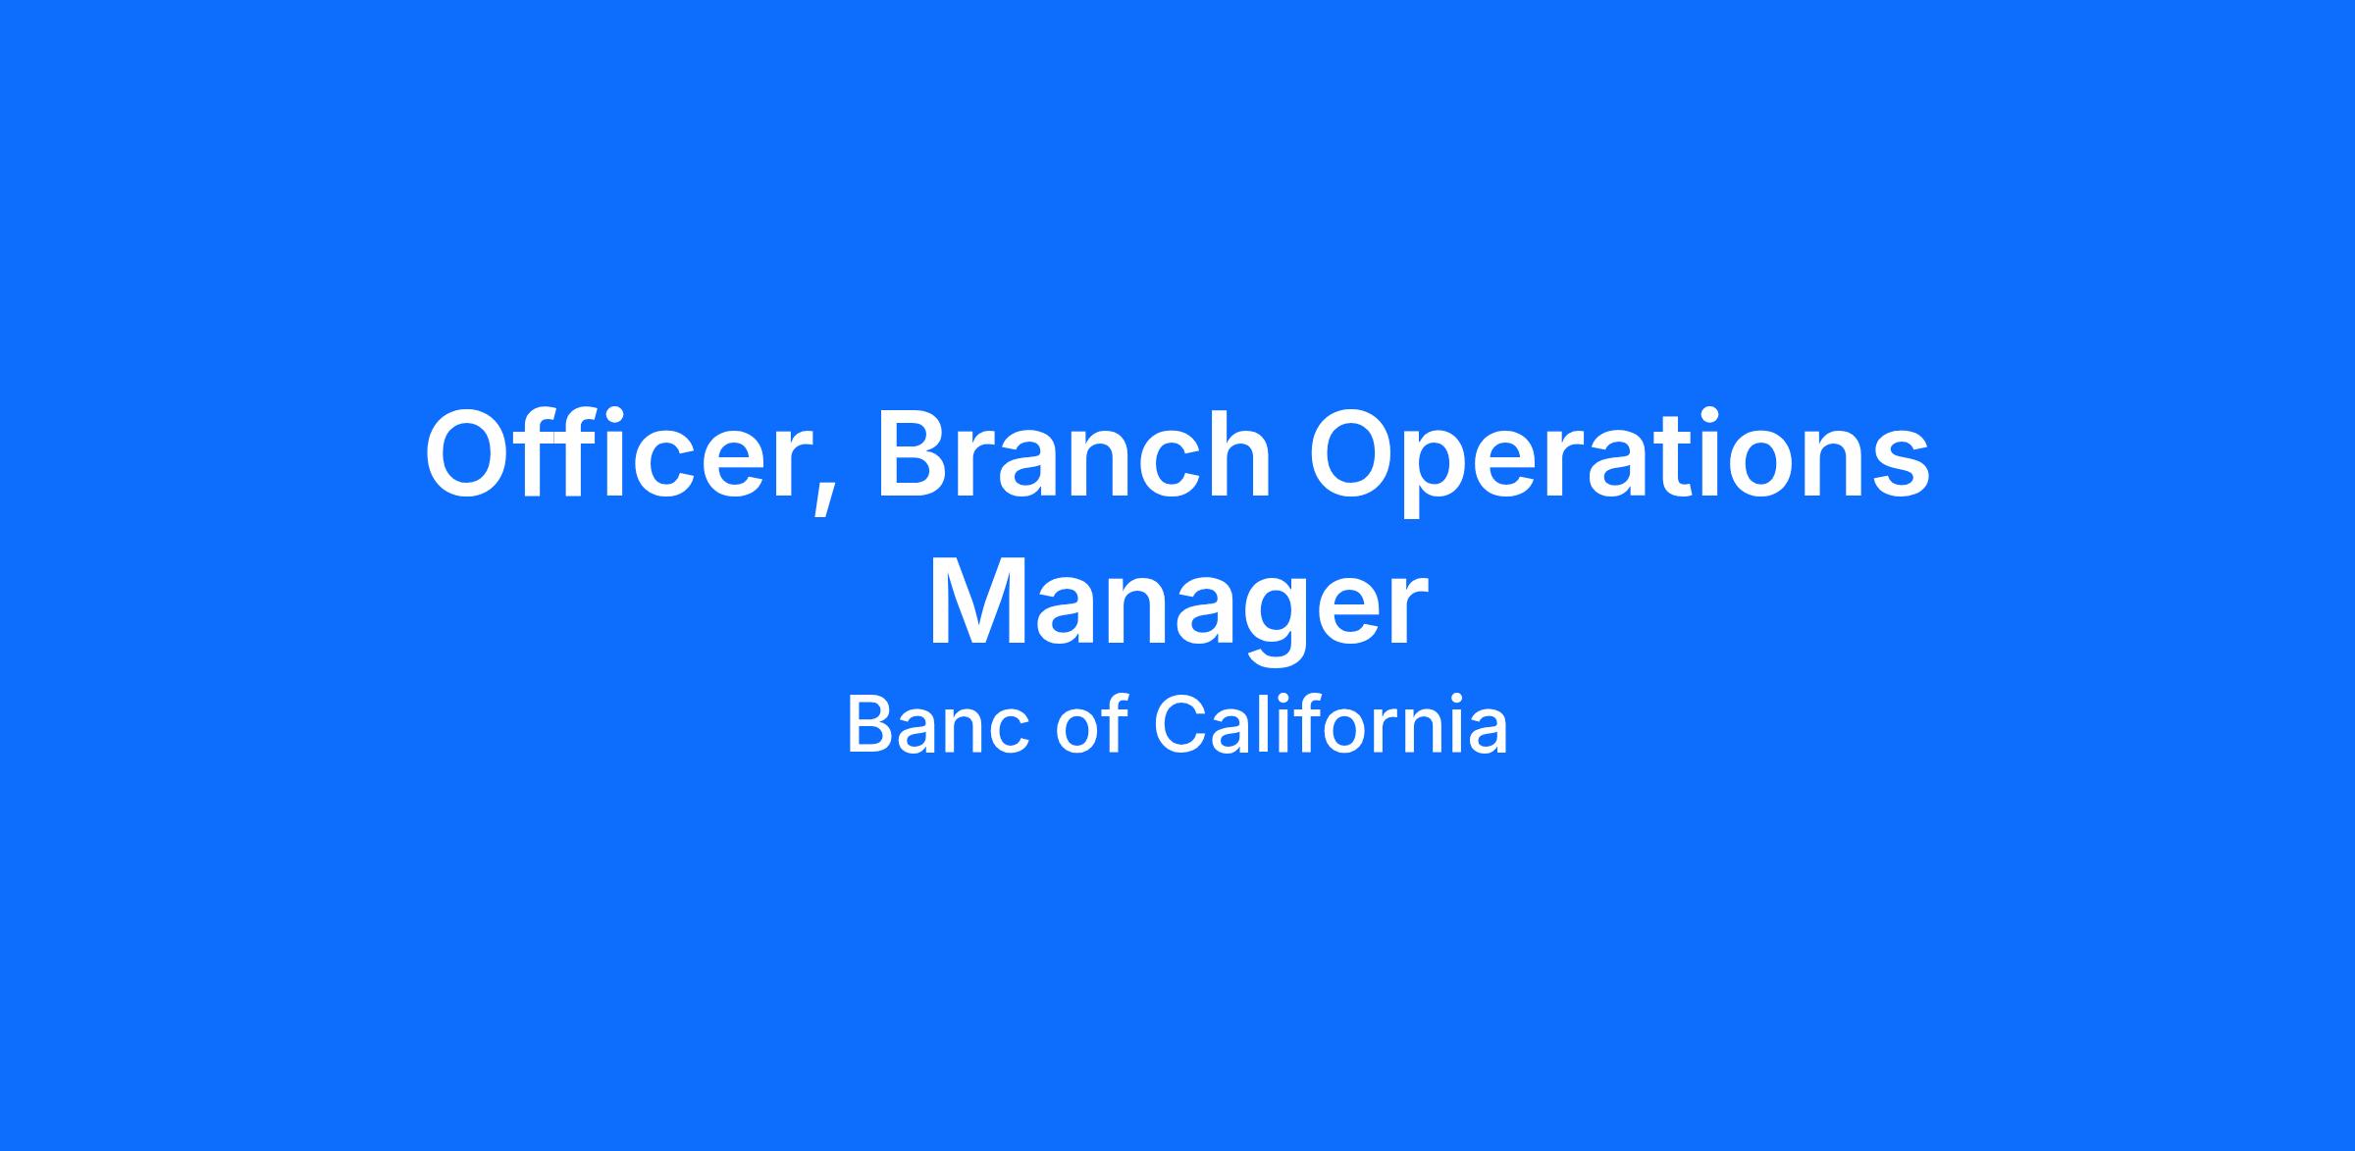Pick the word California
(1330, 725)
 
